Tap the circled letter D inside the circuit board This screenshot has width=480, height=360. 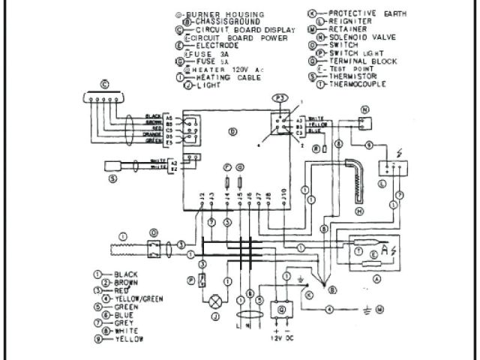232,132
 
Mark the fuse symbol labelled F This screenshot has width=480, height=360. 226,181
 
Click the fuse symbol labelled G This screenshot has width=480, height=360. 240,181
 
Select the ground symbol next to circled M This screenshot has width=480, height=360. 364,309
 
